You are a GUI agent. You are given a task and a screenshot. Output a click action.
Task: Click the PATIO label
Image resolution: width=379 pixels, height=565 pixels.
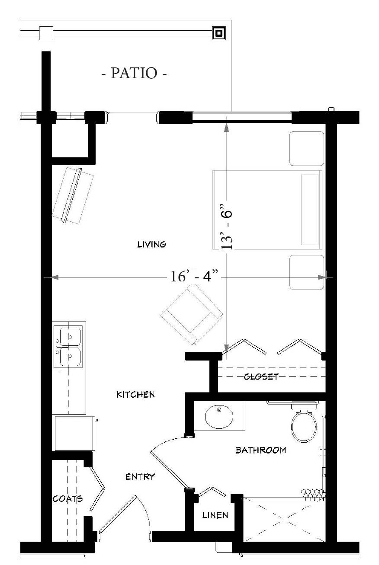(134, 73)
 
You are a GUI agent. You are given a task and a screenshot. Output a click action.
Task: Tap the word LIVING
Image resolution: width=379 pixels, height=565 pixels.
(152, 244)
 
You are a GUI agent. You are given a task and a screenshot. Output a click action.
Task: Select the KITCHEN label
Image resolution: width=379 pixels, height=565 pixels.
(135, 395)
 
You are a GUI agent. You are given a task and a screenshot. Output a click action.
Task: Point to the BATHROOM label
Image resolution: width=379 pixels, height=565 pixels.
(261, 450)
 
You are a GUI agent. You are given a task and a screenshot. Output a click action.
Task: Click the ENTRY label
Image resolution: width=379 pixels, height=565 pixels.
(140, 477)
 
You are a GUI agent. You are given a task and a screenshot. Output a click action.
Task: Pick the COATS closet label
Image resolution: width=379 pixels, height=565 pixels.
(67, 499)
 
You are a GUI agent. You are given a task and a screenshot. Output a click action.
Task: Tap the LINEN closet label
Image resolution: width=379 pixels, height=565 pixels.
(215, 515)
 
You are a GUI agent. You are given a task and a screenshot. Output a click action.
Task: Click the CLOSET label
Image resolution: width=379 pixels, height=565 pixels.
(261, 377)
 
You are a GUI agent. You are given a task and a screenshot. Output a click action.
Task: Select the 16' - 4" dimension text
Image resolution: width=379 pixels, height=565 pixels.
(194, 276)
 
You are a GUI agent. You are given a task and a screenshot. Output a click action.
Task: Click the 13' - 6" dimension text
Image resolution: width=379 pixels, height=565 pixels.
(226, 227)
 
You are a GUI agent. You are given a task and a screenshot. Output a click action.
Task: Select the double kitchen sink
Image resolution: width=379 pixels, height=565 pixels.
(67, 347)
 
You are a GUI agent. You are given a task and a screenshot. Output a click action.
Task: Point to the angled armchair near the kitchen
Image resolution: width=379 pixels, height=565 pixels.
(192, 314)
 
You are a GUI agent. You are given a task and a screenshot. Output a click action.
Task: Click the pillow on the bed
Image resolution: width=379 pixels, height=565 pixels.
(310, 210)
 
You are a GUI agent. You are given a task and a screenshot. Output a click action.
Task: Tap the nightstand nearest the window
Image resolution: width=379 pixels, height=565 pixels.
(307, 149)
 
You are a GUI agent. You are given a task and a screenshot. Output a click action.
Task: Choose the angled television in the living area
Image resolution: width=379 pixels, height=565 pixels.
(73, 196)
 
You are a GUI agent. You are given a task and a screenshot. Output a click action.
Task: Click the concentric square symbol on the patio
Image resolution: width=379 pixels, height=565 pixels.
(218, 33)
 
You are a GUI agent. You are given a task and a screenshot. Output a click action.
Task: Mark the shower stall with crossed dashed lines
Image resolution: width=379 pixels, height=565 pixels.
(284, 520)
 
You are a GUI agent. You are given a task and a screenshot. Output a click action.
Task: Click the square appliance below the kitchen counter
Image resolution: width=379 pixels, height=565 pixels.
(75, 433)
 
